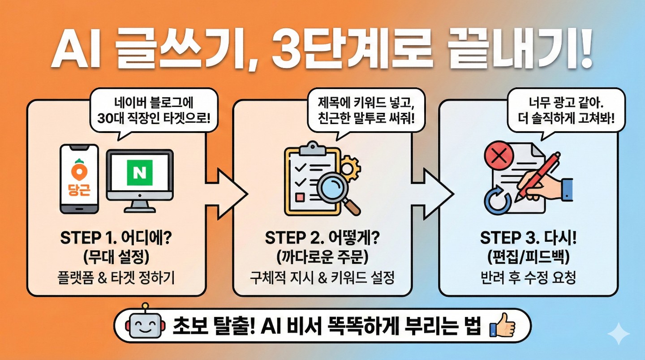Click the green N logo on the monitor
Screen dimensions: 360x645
140,170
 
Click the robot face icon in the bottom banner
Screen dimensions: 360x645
144,326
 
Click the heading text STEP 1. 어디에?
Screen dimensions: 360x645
116,238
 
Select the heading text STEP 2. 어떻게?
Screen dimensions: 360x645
322,238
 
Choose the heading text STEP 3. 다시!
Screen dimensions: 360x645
528,238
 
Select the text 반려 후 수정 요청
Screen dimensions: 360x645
528,278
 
